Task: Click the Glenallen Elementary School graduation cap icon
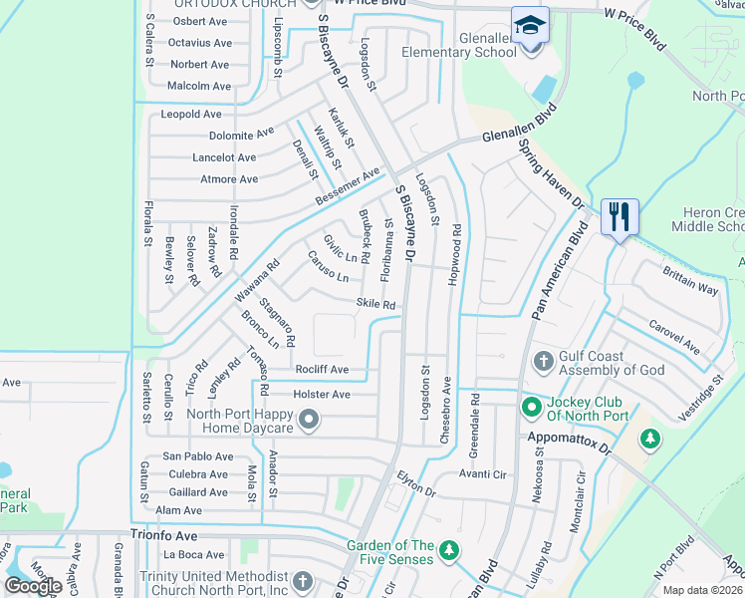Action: [530, 25]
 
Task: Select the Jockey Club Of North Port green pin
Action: [531, 407]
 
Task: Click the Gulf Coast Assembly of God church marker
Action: [544, 360]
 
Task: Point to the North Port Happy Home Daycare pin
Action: [309, 421]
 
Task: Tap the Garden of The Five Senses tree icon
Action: [448, 550]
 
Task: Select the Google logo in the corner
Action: [34, 586]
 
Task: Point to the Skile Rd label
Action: [375, 305]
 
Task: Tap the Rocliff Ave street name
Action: [321, 370]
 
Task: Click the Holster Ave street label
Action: [321, 395]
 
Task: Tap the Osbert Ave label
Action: [201, 21]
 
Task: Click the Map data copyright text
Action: [700, 590]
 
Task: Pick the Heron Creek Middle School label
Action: [708, 219]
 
